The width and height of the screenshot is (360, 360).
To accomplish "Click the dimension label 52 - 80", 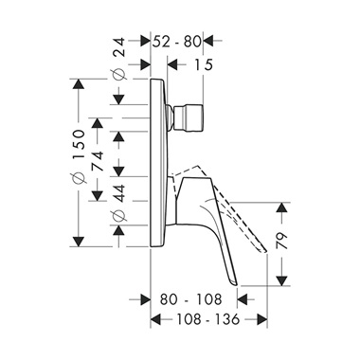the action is click(177, 42).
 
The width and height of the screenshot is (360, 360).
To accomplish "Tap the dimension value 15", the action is click(203, 64).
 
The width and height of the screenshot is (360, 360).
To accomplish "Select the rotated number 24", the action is click(119, 47).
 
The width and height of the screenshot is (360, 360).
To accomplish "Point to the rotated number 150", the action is click(79, 140).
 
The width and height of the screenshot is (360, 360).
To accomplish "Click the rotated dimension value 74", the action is click(98, 161).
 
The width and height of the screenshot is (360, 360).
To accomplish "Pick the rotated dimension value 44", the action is click(119, 193).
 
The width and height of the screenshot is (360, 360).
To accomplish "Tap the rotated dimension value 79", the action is click(281, 242).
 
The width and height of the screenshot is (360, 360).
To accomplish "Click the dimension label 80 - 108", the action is click(191, 299).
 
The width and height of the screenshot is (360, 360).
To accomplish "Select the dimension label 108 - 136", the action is click(207, 319).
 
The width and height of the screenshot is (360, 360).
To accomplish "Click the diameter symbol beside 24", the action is click(119, 74).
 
